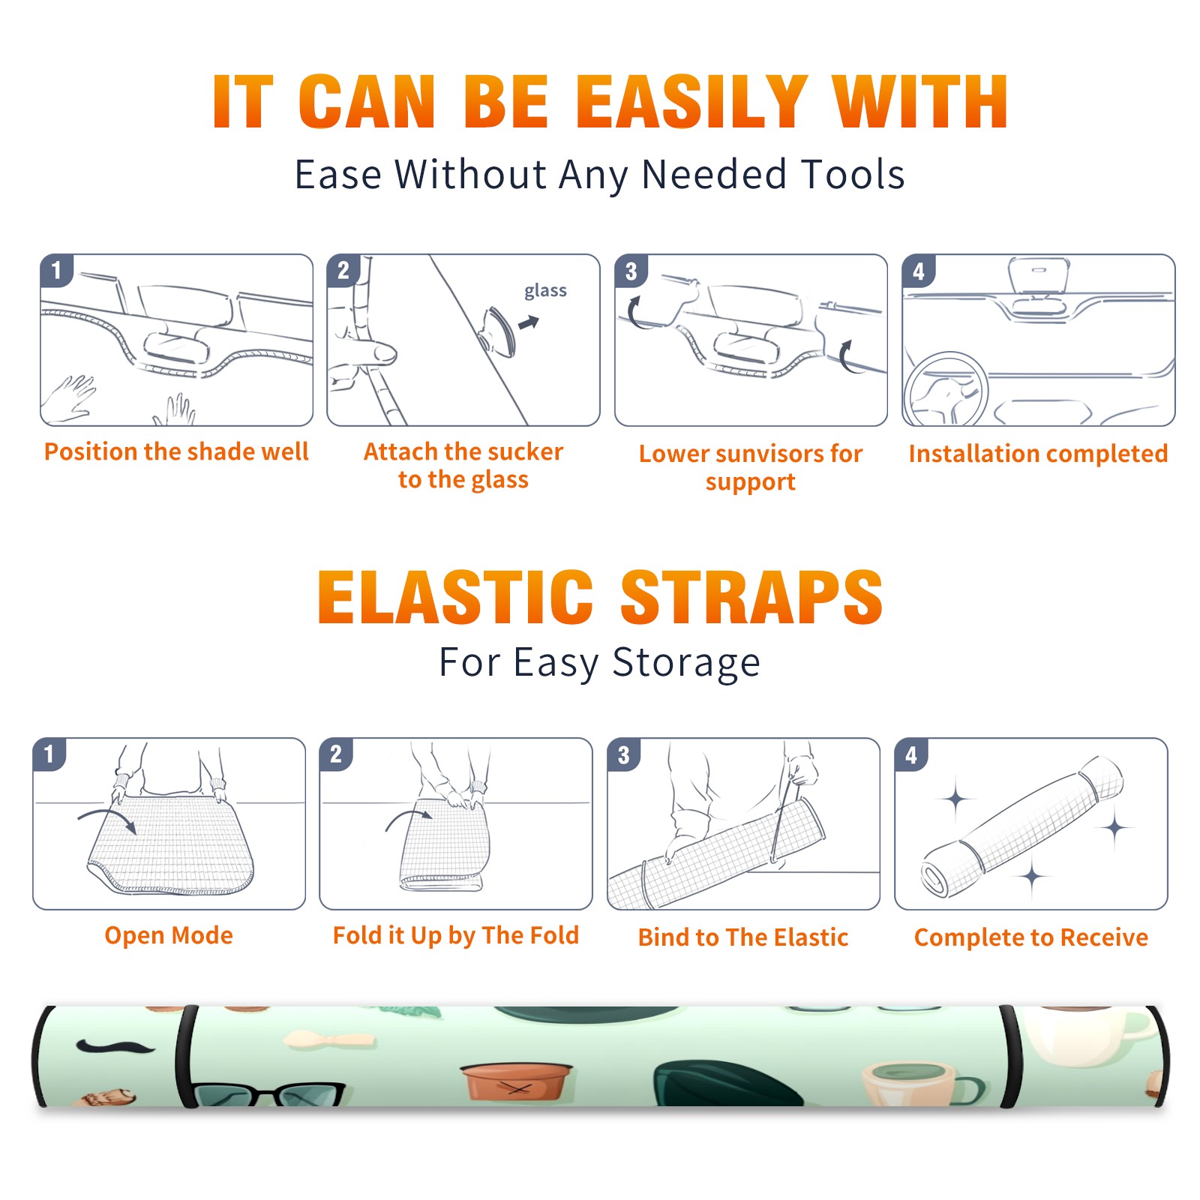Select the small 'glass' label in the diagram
click(x=545, y=291)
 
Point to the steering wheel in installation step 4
click(x=944, y=389)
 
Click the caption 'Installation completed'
click(x=1038, y=454)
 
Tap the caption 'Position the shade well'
click(x=176, y=451)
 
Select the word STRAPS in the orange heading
click(x=751, y=597)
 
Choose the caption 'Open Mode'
click(x=169, y=935)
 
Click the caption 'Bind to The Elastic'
click(x=743, y=937)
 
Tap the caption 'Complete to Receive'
click(x=1031, y=937)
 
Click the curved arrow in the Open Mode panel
click(x=107, y=815)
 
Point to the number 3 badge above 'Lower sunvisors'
click(x=631, y=271)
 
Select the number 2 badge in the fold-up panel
click(x=336, y=754)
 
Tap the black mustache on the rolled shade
click(x=115, y=1045)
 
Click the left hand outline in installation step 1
click(x=69, y=400)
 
